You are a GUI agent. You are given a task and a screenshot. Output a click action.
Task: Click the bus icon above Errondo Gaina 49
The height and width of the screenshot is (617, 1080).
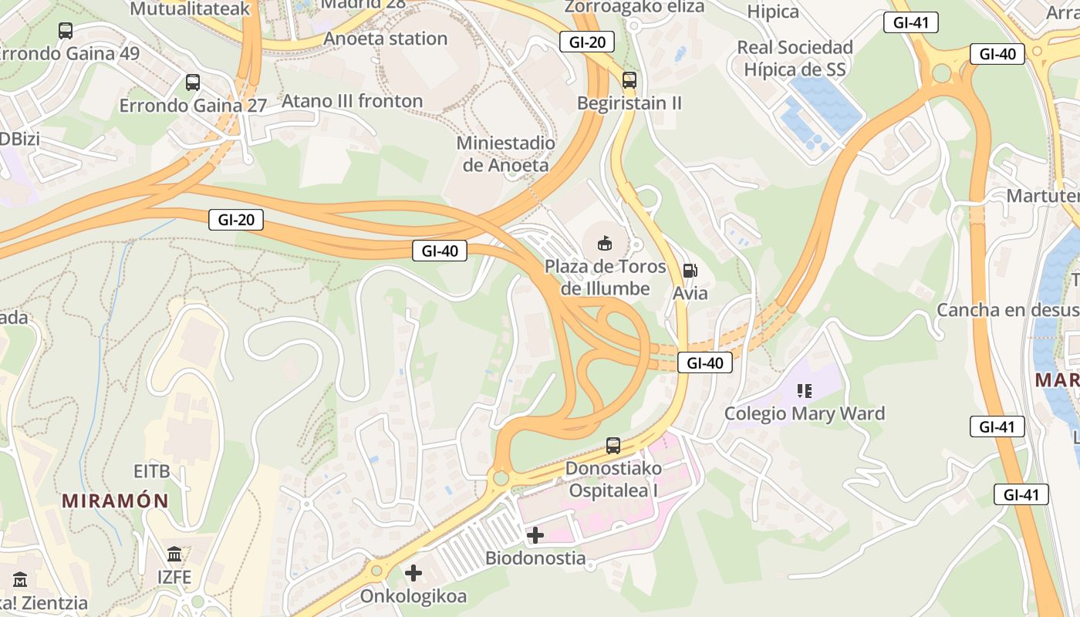[x=66, y=31]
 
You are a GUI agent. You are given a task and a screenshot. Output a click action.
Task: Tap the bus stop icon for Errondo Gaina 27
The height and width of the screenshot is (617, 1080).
[x=193, y=82]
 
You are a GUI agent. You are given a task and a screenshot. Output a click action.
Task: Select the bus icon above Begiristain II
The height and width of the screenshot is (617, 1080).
[x=629, y=79]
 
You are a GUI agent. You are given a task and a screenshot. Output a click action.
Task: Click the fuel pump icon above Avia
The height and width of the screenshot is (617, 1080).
[x=690, y=270]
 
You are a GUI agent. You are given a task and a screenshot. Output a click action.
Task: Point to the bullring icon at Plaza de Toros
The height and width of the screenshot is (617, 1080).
[x=605, y=244]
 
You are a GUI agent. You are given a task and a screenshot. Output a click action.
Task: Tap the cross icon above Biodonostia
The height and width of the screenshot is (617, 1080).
[x=535, y=534]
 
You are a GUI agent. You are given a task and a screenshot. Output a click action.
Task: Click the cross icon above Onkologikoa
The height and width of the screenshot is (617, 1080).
[x=413, y=573]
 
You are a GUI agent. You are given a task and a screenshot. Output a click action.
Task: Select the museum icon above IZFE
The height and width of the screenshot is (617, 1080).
[x=174, y=555]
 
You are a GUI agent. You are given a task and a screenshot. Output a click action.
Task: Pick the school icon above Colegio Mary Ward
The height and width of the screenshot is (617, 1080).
[x=805, y=391]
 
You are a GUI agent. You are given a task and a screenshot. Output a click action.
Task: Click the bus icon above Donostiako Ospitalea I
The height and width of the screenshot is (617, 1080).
[x=613, y=445]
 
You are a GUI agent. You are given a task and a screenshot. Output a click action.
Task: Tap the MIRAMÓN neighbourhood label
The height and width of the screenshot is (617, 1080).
[x=115, y=501]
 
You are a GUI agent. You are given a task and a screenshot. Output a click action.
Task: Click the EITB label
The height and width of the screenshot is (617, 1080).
[x=151, y=471]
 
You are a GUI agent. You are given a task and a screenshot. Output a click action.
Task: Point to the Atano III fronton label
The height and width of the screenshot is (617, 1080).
[x=353, y=101]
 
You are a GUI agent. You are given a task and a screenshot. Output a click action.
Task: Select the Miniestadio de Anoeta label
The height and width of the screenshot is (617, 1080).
[x=506, y=153]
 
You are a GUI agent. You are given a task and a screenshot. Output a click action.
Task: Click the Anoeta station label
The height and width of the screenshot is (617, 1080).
[x=386, y=39]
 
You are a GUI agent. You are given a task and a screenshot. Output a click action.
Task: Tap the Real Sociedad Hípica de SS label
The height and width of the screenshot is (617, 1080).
[x=795, y=58]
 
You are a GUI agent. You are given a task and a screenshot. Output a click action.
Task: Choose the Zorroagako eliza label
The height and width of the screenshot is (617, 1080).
[x=635, y=7]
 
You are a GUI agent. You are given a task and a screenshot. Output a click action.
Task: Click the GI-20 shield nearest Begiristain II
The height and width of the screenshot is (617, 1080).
[x=588, y=42]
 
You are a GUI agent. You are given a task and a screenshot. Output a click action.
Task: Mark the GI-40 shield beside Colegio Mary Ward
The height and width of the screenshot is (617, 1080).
[x=705, y=362]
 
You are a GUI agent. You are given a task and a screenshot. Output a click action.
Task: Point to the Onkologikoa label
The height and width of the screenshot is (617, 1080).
[x=413, y=597]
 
